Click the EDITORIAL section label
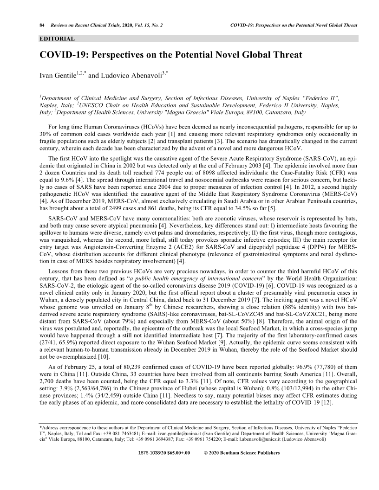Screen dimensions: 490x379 pos(57,39)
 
